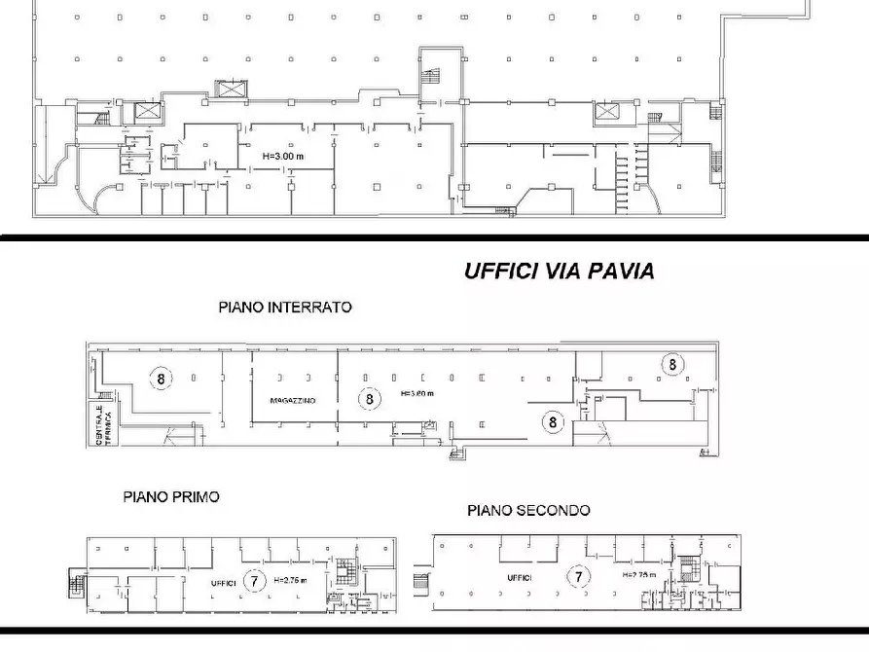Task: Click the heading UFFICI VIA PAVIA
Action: [x=559, y=272]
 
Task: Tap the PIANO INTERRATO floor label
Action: [x=284, y=307]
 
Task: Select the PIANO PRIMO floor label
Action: [x=171, y=496]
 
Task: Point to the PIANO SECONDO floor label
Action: [x=528, y=510]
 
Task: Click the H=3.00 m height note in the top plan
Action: [x=282, y=156]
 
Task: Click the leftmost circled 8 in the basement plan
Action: [x=161, y=378]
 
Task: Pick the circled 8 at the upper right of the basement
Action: [x=671, y=364]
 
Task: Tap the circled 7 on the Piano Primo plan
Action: [x=253, y=581]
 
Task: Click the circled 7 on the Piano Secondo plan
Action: [x=579, y=577]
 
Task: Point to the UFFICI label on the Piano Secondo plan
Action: [x=518, y=578]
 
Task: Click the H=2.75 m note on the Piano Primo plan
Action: [x=290, y=581]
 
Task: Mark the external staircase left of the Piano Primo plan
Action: [x=77, y=586]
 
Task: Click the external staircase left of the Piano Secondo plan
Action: [x=420, y=581]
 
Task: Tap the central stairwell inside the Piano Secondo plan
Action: [x=692, y=572]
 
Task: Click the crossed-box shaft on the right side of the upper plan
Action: [x=605, y=113]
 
